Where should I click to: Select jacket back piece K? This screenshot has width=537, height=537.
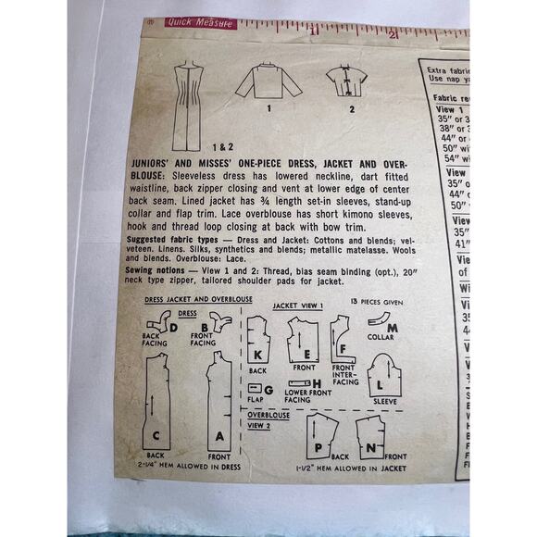click(260, 342)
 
